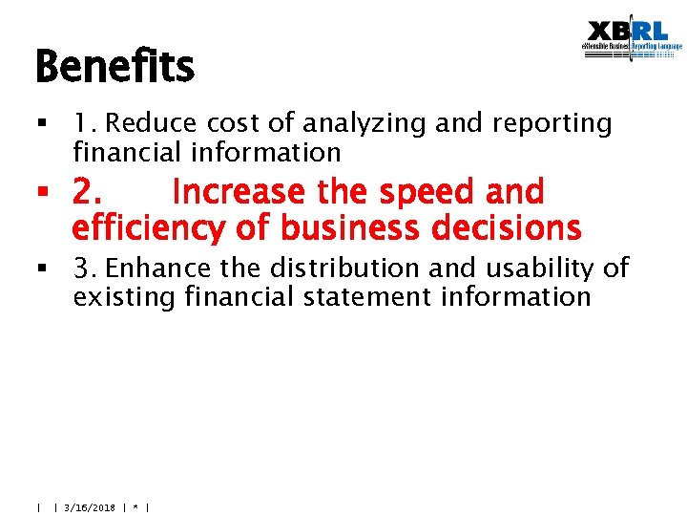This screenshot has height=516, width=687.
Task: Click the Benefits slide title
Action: point(114,67)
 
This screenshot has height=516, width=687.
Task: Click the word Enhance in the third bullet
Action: point(159,268)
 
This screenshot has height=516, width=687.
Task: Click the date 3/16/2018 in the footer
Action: point(89,507)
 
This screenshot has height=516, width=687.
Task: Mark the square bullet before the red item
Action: point(41,194)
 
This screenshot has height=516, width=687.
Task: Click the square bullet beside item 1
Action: point(41,124)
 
